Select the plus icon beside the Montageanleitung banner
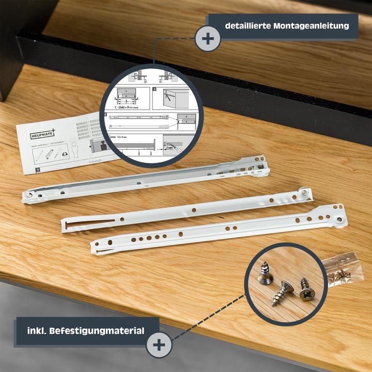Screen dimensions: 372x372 (x=208, y=38)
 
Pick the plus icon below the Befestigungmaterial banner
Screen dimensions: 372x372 (x=159, y=345)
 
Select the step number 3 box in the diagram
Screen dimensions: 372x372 (x=154, y=90)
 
